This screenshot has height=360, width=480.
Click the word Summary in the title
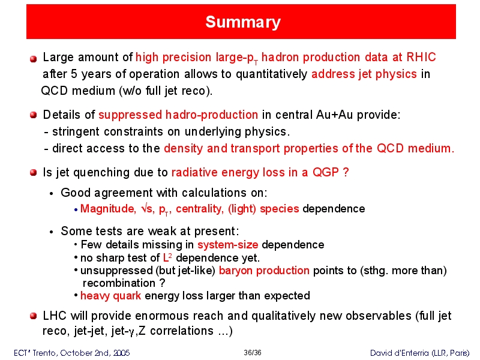point(243,22)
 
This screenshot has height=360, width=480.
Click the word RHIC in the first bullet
point(421,57)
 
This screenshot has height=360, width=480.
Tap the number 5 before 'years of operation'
point(74,74)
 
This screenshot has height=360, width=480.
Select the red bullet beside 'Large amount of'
point(34,58)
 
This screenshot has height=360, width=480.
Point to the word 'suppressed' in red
point(130,115)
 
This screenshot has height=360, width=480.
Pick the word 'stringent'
point(76,131)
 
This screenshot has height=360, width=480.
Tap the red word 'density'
point(184,148)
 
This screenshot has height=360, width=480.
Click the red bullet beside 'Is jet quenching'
point(34,172)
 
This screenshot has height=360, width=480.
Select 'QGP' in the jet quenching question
point(326,172)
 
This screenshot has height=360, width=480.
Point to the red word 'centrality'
point(200,209)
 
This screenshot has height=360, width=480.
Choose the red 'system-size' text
point(228,245)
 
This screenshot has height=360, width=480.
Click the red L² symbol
point(167,258)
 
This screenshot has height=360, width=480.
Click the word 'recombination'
point(119,283)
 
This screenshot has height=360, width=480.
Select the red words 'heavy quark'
point(110,296)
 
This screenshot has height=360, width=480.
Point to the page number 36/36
point(253,353)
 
